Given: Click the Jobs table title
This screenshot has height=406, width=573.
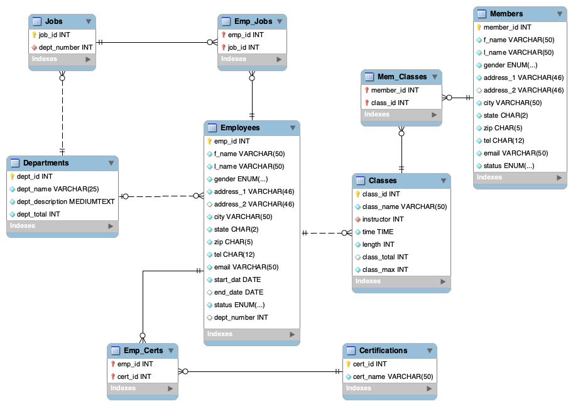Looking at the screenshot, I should pos(54,21).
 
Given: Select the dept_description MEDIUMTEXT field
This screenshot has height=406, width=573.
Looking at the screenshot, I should pos(65,201).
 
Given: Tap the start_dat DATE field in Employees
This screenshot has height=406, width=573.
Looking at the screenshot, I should pos(237,279).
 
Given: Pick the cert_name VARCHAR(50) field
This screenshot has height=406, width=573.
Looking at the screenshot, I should pos(393,376).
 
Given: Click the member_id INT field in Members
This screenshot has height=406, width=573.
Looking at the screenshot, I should pos(507,27).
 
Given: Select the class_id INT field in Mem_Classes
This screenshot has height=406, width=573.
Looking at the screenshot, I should pos(390,103).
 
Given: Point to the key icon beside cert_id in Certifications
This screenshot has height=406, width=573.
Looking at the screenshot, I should pos(349,364).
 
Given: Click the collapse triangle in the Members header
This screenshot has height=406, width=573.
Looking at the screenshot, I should pos(559,14).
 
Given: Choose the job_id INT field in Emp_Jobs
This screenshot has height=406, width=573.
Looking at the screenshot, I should pos(243,47).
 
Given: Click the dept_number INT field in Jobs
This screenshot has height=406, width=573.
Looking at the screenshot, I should pos(65,47).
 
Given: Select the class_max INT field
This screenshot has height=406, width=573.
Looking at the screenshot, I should pos(385,269).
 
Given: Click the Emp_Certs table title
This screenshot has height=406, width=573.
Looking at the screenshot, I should pos(143,351).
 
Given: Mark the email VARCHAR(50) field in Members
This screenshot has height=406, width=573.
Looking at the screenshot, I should pos(515,153).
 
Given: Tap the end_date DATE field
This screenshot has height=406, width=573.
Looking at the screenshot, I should pos(238,292).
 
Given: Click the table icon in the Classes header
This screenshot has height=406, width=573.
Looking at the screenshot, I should pos(358,181).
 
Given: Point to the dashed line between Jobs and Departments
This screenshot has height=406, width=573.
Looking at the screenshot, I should pos(62,113).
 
